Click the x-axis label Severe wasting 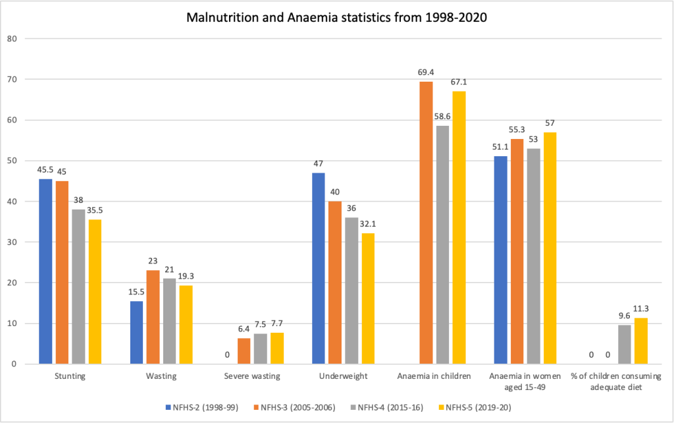click(x=252, y=376)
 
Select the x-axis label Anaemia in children click(x=433, y=376)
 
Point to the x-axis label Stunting click(x=70, y=376)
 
